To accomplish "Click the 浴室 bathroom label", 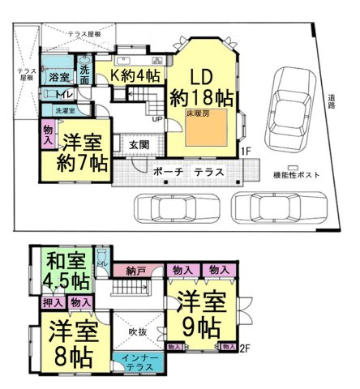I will click(58, 77).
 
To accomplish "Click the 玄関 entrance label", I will click(139, 144).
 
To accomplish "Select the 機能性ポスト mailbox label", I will click(298, 176).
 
